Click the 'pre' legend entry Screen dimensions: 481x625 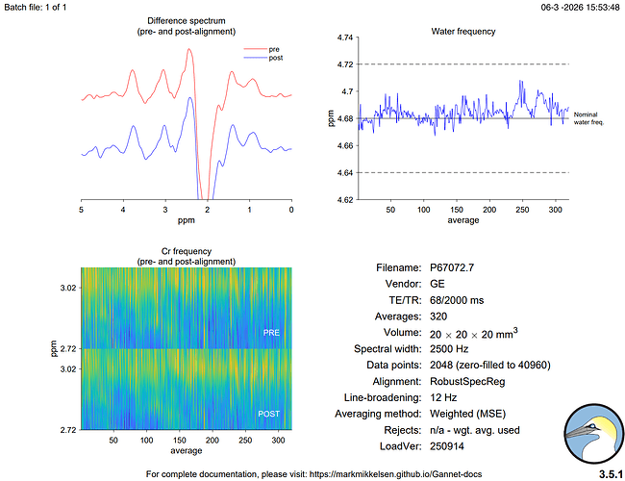(x=274, y=47)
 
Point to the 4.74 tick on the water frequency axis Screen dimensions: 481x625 (x=344, y=38)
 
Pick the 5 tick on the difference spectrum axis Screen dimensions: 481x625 (x=82, y=209)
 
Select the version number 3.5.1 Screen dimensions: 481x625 (x=607, y=473)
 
